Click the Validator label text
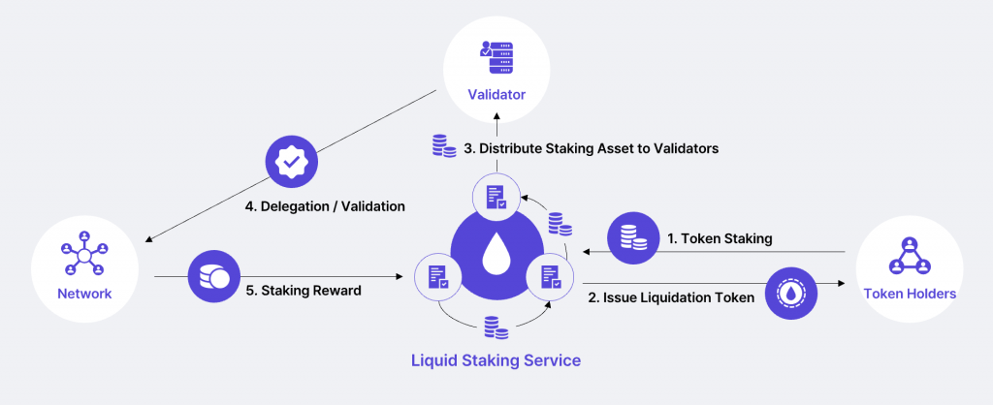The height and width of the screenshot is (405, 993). [x=496, y=95]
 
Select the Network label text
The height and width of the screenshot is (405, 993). [x=83, y=294]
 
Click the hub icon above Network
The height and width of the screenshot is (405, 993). [x=83, y=254]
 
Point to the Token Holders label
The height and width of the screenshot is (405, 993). [x=910, y=294]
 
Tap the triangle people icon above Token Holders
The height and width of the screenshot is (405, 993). [x=910, y=255]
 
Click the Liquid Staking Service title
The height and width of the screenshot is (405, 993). [x=496, y=360]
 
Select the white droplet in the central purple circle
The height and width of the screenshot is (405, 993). [x=496, y=255]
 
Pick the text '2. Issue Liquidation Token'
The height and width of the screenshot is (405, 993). [x=671, y=297]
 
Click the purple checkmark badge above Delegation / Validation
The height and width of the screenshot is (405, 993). [x=291, y=162]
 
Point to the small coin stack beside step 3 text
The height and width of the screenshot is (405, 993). [x=444, y=147]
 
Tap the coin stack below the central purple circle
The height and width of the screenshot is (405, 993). [x=496, y=327]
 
